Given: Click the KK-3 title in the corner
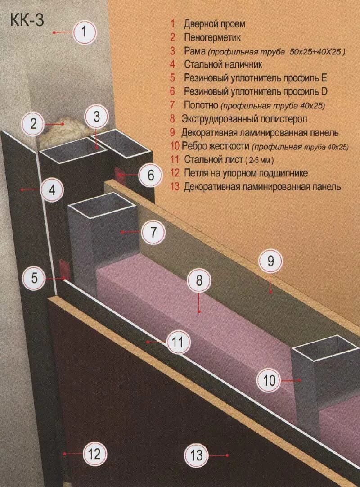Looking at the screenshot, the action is [x=27, y=20].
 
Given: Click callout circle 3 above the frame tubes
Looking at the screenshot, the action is [x=96, y=117].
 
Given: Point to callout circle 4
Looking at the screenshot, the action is [x=53, y=190].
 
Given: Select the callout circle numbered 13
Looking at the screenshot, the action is [x=197, y=454].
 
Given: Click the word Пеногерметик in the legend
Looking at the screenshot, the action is [x=212, y=37].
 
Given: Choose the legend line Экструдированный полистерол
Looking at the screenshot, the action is [x=244, y=119].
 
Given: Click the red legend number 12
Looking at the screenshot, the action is [x=175, y=172].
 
